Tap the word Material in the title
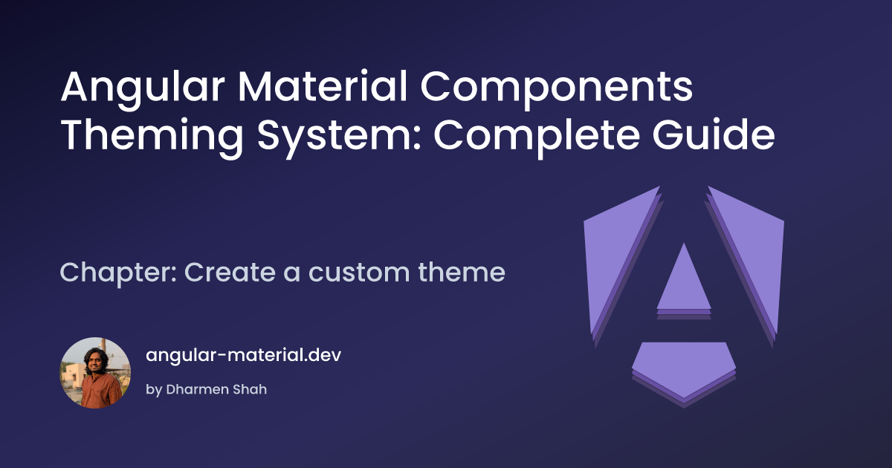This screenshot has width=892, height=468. coord(323,87)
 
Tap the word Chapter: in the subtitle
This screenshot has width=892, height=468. coord(118,273)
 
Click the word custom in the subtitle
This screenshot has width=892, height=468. coord(359,273)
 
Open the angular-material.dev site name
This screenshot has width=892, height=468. coord(243,355)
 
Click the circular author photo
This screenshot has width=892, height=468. coord(95,373)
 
